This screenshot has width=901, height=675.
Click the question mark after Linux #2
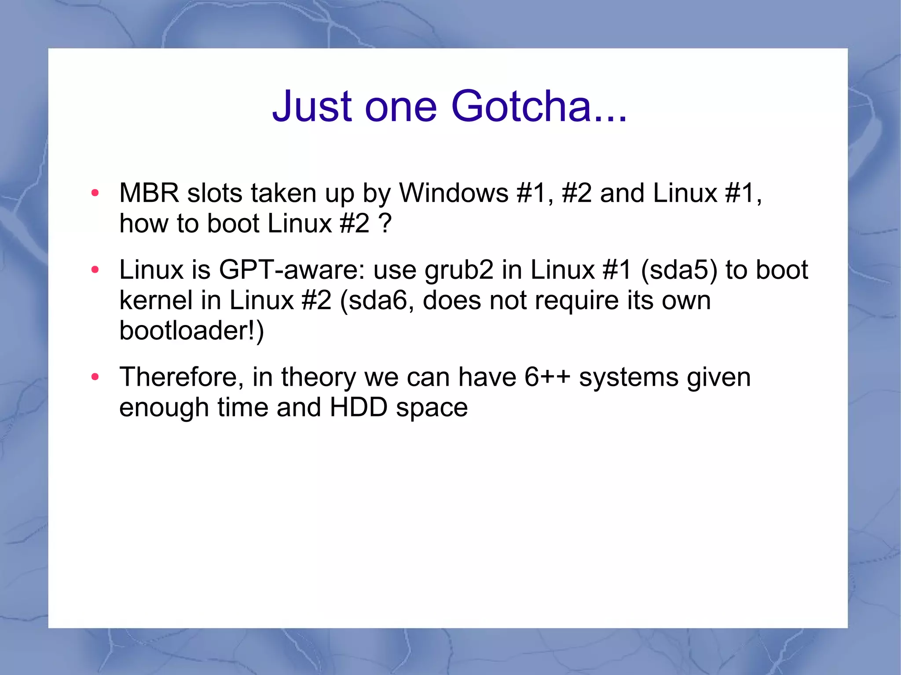[x=385, y=223]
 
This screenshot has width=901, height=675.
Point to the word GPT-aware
[x=292, y=270]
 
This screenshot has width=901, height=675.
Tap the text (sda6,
[x=377, y=301]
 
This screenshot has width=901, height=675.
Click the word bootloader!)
[x=191, y=331]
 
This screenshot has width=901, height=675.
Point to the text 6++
[x=547, y=377]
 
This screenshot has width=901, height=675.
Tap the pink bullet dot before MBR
[x=95, y=193]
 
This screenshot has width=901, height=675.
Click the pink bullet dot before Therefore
[x=95, y=377]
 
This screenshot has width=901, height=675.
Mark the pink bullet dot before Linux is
[x=95, y=270]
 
